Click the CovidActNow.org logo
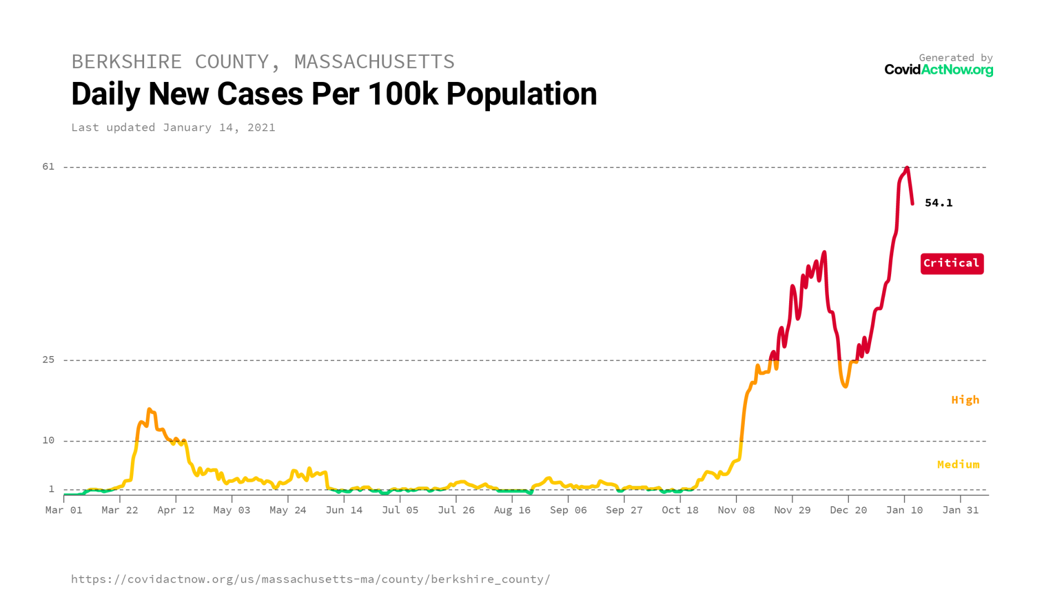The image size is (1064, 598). pyautogui.click(x=938, y=70)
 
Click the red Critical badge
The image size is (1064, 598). pyautogui.click(x=952, y=264)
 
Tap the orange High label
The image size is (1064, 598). pyautogui.click(x=965, y=400)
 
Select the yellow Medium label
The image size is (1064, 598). pyautogui.click(x=958, y=465)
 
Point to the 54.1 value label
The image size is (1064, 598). pyautogui.click(x=938, y=203)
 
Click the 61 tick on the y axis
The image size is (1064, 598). pyautogui.click(x=49, y=167)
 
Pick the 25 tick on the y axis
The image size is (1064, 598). pyautogui.click(x=49, y=360)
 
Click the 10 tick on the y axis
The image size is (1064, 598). pyautogui.click(x=49, y=440)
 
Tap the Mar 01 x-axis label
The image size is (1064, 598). pyautogui.click(x=64, y=510)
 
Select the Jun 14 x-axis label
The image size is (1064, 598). pyautogui.click(x=344, y=510)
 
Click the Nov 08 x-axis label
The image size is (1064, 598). pyautogui.click(x=736, y=510)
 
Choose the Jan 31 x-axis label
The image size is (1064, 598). pyautogui.click(x=960, y=510)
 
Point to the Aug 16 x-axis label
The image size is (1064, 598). pyautogui.click(x=512, y=510)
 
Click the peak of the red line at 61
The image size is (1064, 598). pyautogui.click(x=907, y=168)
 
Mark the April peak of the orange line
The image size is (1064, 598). pyautogui.click(x=149, y=410)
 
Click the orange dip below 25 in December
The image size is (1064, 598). pyautogui.click(x=845, y=386)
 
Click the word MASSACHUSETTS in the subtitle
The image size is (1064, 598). pyautogui.click(x=374, y=61)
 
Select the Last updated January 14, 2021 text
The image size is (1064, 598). pyautogui.click(x=173, y=127)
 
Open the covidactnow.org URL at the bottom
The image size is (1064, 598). pyautogui.click(x=310, y=579)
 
